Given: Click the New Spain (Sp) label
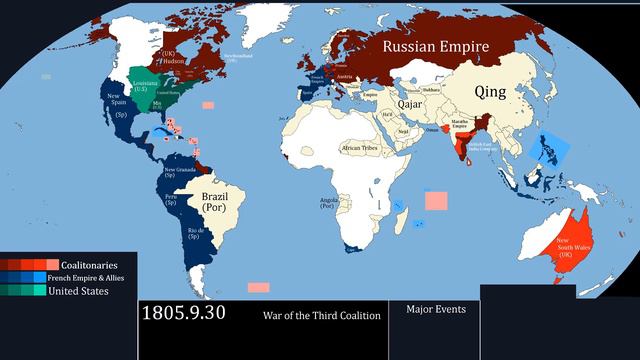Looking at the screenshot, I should pyautogui.click(x=117, y=103).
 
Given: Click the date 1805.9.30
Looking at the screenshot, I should pyautogui.click(x=184, y=313).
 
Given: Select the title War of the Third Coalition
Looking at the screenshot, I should pyautogui.click(x=322, y=316).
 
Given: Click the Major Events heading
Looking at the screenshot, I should pyautogui.click(x=435, y=309).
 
